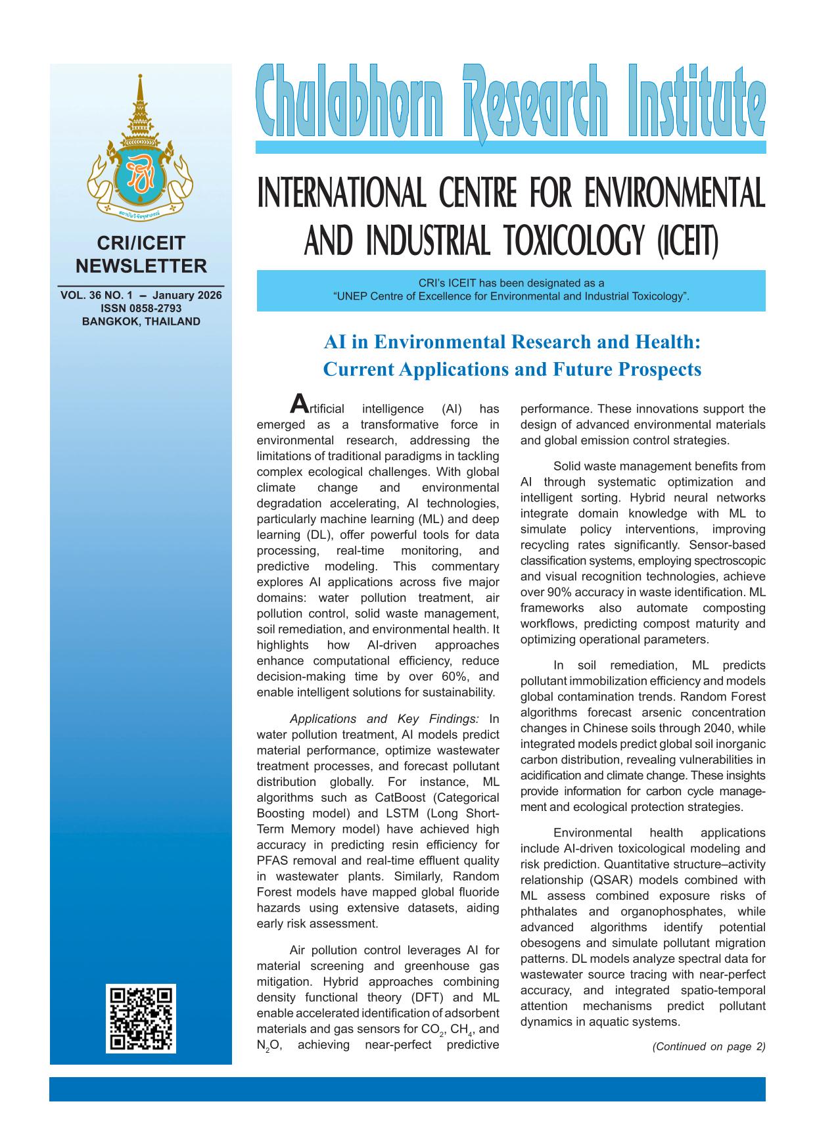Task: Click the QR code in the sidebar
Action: coord(141,1018)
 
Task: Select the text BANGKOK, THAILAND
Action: coord(141,321)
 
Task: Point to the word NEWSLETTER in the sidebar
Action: coord(141,266)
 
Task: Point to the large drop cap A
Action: coord(298,403)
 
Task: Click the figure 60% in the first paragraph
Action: coord(455,676)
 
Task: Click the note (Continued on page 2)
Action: coord(709,1047)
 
